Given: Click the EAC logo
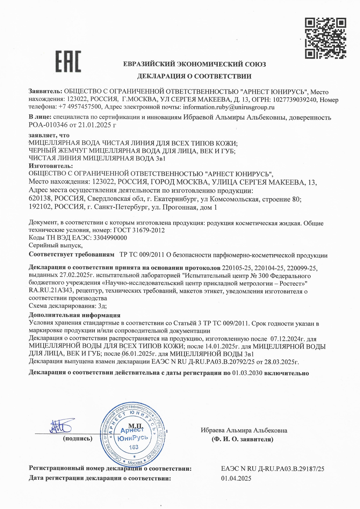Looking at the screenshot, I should (x=68, y=62).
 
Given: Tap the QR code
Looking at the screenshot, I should (x=325, y=38).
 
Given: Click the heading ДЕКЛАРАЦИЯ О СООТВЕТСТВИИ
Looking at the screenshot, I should (x=194, y=76).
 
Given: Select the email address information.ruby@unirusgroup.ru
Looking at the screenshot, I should (x=228, y=107).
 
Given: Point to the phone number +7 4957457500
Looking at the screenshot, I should (x=80, y=107).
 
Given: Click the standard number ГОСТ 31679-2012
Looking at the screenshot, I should (x=139, y=230).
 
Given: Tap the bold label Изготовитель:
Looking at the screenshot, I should (x=51, y=166).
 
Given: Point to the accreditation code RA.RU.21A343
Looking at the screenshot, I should (x=51, y=291).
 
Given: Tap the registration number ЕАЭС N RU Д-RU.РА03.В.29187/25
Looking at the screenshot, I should (x=272, y=469).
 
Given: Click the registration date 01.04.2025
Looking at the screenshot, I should (x=236, y=478).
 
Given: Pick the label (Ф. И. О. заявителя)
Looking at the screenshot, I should (x=242, y=439).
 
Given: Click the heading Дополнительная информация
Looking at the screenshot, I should (x=74, y=315).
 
